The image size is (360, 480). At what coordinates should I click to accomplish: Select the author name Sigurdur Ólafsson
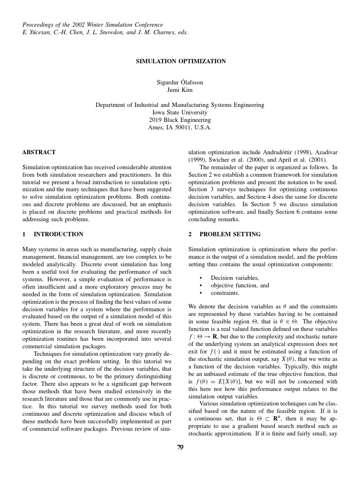point(180,82)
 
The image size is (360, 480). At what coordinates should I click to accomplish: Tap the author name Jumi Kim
point(180,90)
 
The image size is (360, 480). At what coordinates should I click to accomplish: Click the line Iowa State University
point(180,112)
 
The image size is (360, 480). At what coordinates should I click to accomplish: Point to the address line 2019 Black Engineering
point(180,120)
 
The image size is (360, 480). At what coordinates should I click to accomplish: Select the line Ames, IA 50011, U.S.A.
point(180,127)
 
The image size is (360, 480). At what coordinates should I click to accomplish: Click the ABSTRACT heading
point(39,152)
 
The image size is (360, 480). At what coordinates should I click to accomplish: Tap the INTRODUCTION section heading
point(59,234)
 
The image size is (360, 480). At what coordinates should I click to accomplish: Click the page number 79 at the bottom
point(180,447)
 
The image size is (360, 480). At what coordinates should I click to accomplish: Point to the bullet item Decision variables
point(235,278)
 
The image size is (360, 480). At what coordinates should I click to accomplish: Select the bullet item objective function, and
point(240,285)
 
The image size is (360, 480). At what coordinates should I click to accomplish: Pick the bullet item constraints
point(225,293)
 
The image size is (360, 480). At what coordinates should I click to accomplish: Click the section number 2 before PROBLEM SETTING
point(190,234)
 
